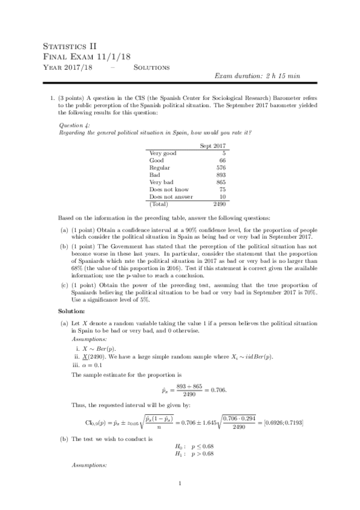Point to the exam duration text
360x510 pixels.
[x=253, y=76]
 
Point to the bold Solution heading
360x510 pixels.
[x=71, y=311]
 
